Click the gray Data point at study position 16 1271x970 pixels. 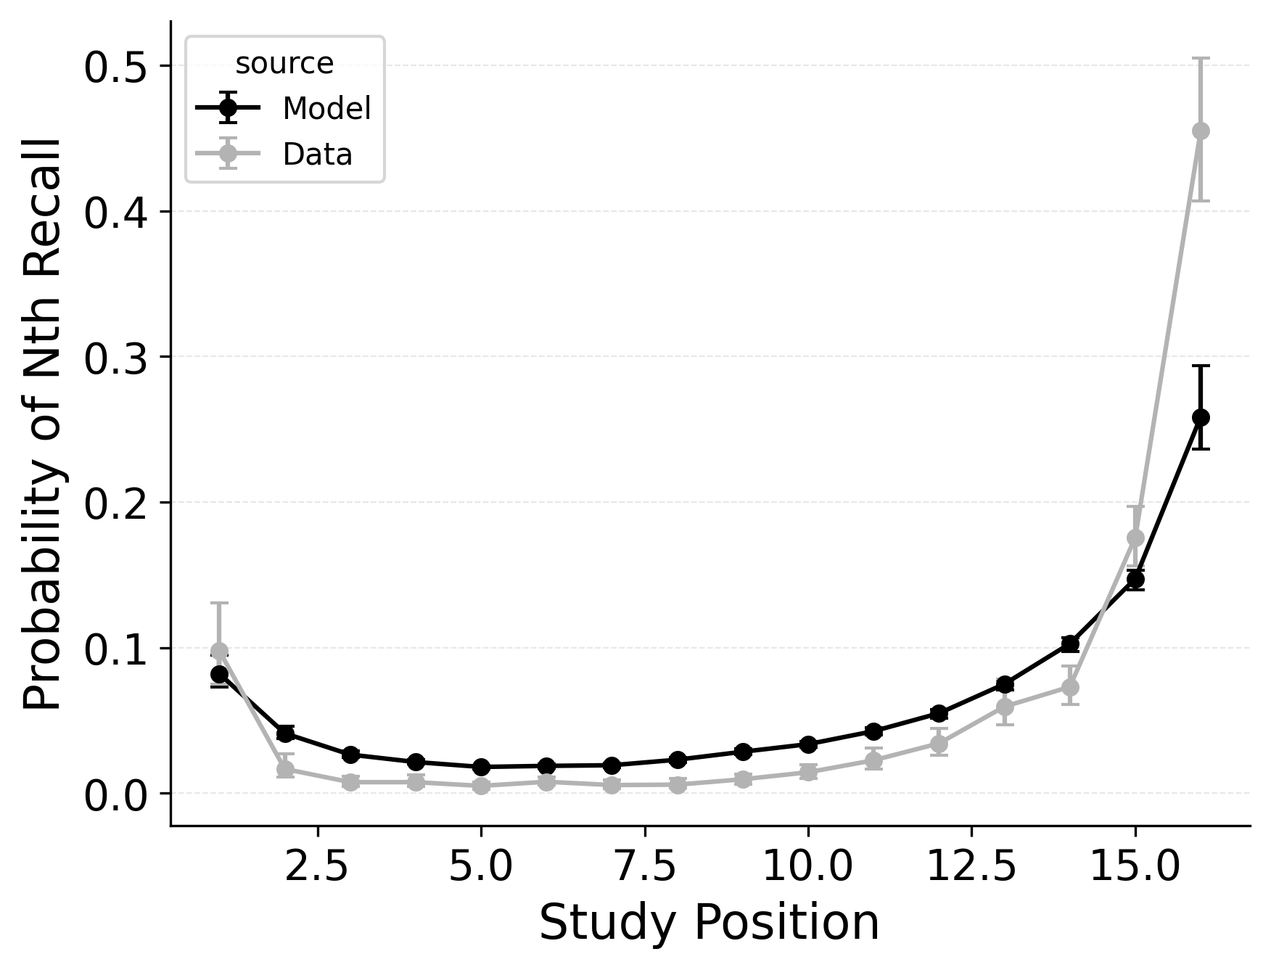click(1201, 131)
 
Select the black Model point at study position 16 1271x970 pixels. click(1201, 417)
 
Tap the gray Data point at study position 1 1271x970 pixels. click(219, 651)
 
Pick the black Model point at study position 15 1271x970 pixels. click(1135, 579)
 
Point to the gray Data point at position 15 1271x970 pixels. click(1135, 538)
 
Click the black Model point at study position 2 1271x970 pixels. click(285, 733)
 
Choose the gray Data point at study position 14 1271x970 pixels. click(1070, 686)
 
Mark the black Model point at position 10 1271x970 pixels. click(808, 744)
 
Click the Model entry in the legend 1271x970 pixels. click(326, 109)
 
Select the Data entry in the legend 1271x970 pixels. click(317, 155)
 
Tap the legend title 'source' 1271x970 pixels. click(284, 64)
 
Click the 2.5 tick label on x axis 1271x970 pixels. click(318, 866)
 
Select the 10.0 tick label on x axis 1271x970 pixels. click(807, 866)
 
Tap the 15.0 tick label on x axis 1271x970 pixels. click(1135, 866)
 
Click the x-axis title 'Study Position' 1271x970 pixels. click(709, 923)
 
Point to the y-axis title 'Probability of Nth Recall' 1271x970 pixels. click(44, 424)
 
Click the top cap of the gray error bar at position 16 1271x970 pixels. click(1201, 58)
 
